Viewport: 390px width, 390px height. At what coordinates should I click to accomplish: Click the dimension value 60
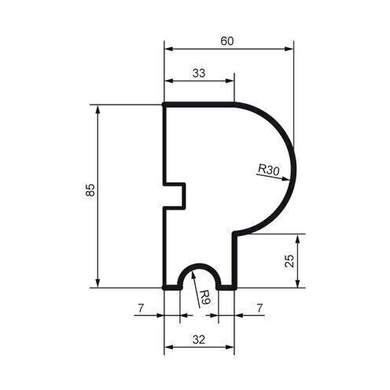coord(227,41)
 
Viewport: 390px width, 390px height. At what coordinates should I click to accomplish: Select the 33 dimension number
coord(198,72)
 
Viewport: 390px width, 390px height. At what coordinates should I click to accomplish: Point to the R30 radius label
coord(268,168)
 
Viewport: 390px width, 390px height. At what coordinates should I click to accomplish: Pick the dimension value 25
coord(289,260)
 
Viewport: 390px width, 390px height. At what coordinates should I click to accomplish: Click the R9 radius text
coord(203,297)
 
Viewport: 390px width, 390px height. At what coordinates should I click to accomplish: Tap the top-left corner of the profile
coord(164,104)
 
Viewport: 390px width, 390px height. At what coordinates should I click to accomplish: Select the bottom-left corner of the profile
coord(164,288)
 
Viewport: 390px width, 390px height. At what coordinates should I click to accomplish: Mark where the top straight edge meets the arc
coord(234,104)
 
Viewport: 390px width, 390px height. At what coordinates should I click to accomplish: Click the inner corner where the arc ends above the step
coord(234,234)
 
